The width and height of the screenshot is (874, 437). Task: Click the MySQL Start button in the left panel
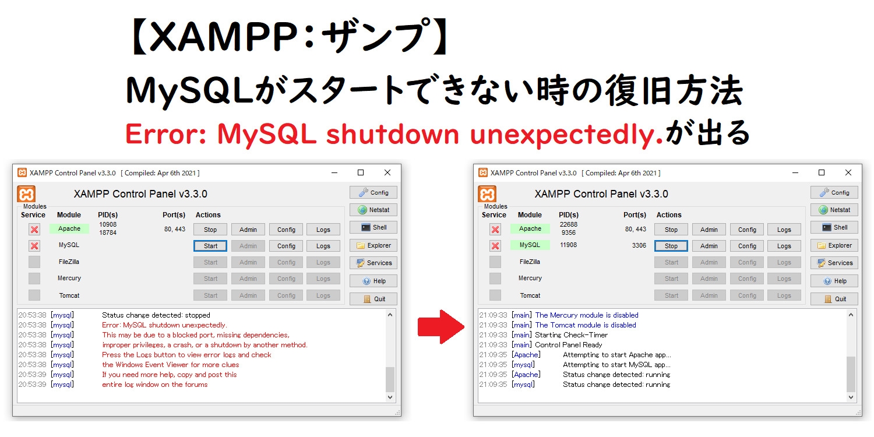point(210,246)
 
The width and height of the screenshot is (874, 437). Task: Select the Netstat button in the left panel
point(373,210)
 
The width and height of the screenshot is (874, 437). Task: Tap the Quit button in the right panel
point(834,299)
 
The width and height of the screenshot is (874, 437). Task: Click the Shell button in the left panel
point(373,227)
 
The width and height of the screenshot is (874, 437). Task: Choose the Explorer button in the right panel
point(834,245)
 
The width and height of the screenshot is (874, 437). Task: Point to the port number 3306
point(639,245)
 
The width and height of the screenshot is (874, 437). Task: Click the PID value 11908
point(568,245)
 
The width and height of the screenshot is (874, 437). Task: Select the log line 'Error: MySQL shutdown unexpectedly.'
point(164,325)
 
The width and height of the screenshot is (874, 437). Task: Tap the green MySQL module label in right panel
point(530,245)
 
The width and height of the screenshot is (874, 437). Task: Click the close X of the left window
point(387,172)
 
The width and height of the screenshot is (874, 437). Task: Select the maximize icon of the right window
point(822,172)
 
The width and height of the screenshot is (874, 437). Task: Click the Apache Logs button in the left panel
point(323,230)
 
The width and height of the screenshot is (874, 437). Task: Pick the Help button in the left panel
point(373,281)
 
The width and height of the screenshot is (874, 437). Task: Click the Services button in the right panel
point(834,263)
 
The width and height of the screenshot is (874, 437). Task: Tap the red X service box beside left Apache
point(34,230)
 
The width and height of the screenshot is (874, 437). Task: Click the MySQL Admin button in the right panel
point(709,246)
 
